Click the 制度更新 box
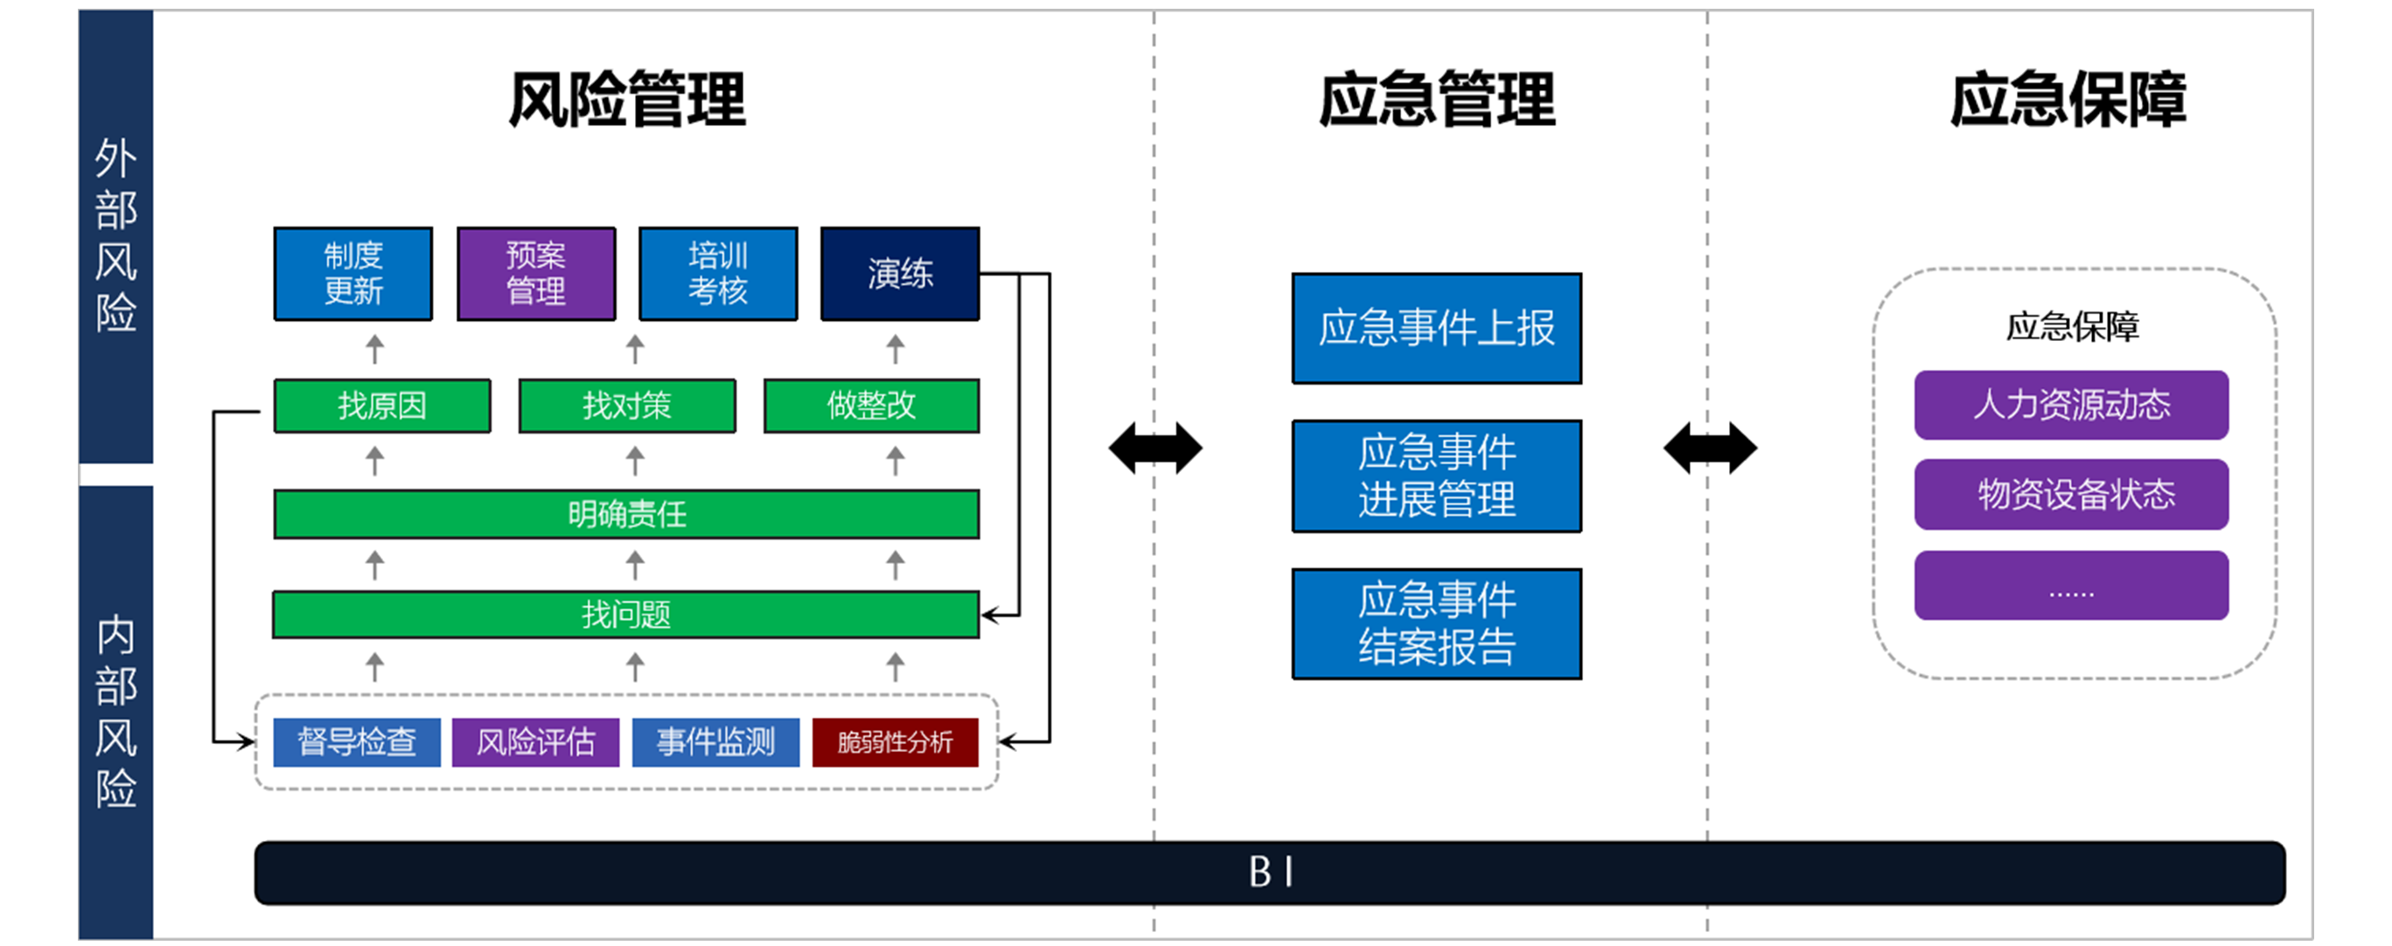(352, 273)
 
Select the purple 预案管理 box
(536, 273)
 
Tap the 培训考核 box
(718, 273)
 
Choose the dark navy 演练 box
(900, 273)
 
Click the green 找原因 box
(381, 406)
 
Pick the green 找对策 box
(627, 406)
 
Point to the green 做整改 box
(871, 406)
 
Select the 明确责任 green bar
(626, 513)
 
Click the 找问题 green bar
(626, 614)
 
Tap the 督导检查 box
(357, 741)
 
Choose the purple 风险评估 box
(536, 741)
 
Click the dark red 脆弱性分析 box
(896, 741)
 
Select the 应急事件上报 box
(1436, 328)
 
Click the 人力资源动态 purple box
(2071, 405)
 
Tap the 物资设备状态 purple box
(2071, 494)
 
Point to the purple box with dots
(2071, 585)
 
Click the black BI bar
(1269, 872)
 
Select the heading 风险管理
(627, 100)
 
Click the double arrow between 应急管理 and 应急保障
(1710, 449)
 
